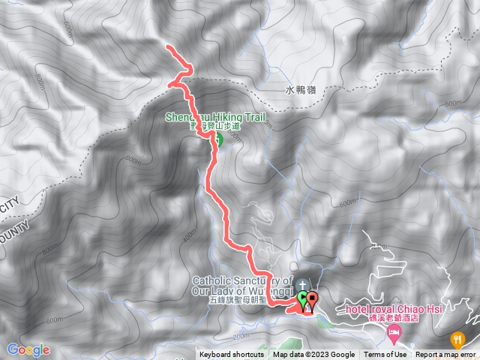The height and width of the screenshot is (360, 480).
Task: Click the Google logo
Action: (28, 349)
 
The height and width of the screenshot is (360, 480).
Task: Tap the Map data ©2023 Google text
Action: (313, 355)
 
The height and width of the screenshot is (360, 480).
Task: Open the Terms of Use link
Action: (385, 355)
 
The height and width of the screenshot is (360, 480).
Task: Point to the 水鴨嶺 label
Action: (301, 88)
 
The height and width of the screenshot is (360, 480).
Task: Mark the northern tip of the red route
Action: (167, 48)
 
